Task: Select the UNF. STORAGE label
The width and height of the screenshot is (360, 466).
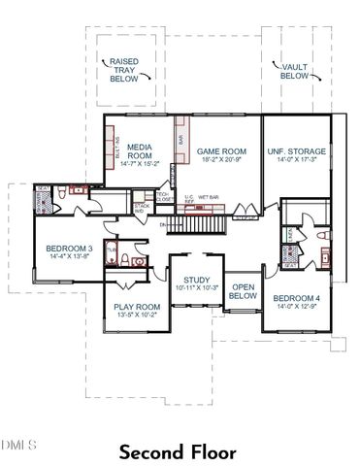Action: (297, 151)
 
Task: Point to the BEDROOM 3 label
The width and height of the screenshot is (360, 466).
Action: (68, 250)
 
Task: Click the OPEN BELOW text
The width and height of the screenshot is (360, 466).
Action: (243, 292)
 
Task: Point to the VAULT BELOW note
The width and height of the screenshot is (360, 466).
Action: (294, 70)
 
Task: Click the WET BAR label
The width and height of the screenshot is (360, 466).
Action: (209, 196)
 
